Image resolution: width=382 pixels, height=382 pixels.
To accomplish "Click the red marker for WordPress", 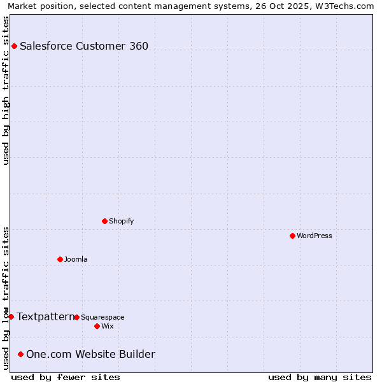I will pyautogui.click(x=292, y=236).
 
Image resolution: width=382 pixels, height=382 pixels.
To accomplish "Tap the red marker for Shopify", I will pyautogui.click(x=104, y=221).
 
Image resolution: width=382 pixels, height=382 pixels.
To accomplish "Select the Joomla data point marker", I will pyautogui.click(x=60, y=259).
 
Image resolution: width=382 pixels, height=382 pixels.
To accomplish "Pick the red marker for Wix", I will pyautogui.click(x=97, y=326).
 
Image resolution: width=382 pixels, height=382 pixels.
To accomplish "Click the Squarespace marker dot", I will pyautogui.click(x=76, y=317).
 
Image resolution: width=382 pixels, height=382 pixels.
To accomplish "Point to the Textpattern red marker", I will pyautogui.click(x=11, y=316).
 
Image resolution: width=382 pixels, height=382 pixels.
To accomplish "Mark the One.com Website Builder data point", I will pyautogui.click(x=21, y=354).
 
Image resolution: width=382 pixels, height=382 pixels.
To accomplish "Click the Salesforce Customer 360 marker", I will pyautogui.click(x=14, y=46).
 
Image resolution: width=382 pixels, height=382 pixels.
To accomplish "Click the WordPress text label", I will pyautogui.click(x=315, y=236).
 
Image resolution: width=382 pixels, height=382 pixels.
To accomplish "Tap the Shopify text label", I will pyautogui.click(x=121, y=221).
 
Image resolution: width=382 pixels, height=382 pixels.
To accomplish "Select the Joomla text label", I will pyautogui.click(x=76, y=259).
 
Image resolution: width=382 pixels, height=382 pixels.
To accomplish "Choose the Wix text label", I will pyautogui.click(x=107, y=326).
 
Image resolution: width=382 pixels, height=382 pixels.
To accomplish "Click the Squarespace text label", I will pyautogui.click(x=103, y=317).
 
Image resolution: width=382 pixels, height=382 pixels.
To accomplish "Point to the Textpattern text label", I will pyautogui.click(x=45, y=316).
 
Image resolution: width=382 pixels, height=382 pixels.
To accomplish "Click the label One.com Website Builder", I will pyautogui.click(x=90, y=354).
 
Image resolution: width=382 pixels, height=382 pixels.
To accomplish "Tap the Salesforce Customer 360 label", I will pyautogui.click(x=84, y=46).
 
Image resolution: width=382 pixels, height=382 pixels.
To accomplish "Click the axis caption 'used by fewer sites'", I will pyautogui.click(x=66, y=377).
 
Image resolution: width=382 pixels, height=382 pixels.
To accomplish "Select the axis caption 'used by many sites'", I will pyautogui.click(x=320, y=377).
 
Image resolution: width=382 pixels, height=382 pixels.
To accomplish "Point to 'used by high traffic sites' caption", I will pyautogui.click(x=6, y=90).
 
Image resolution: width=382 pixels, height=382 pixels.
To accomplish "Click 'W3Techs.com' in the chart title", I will pyautogui.click(x=346, y=6).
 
